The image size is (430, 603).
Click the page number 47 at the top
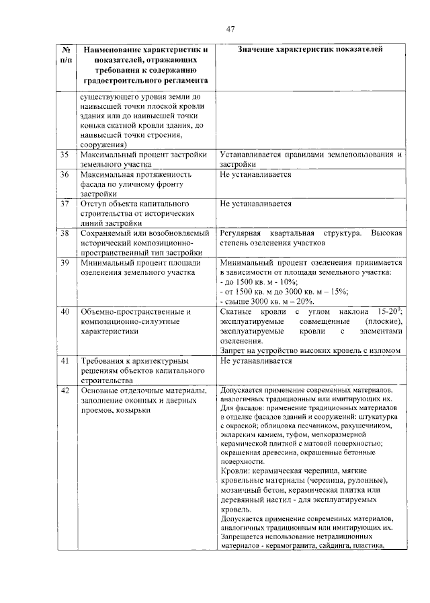pyautogui.click(x=230, y=29)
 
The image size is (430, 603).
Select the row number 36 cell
pyautogui.click(x=65, y=175)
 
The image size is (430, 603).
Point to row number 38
pyautogui.click(x=65, y=233)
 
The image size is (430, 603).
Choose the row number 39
pyautogui.click(x=65, y=262)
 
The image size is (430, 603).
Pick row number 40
pyautogui.click(x=65, y=312)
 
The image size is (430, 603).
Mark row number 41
pyautogui.click(x=65, y=360)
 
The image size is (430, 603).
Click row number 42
pyautogui.click(x=65, y=391)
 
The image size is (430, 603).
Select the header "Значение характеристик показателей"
pyautogui.click(x=310, y=50)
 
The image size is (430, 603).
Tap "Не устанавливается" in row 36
pyautogui.click(x=255, y=175)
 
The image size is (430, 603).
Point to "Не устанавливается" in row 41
pyautogui.click(x=255, y=360)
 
